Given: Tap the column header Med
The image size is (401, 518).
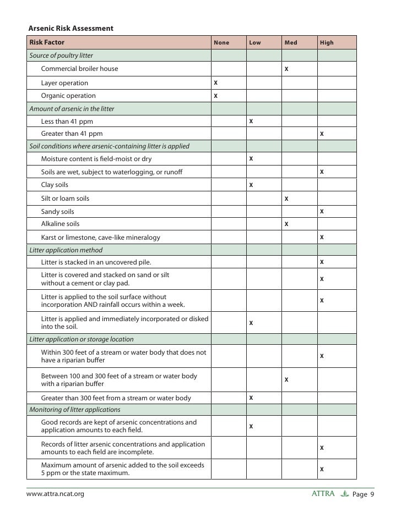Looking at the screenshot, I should (x=290, y=42).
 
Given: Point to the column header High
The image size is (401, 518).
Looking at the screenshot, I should (x=327, y=42).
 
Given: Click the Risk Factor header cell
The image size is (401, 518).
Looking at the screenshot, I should (x=47, y=42).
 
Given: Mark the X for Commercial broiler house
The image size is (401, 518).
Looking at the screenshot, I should (x=286, y=69).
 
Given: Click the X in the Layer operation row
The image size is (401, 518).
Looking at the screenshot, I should (x=215, y=82).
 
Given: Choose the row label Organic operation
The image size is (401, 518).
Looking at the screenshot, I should (x=68, y=96).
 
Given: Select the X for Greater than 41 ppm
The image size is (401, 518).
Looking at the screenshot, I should (x=322, y=134).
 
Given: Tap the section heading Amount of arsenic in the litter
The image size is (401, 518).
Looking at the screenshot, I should (x=72, y=109).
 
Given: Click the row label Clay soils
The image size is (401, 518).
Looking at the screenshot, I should (x=55, y=185).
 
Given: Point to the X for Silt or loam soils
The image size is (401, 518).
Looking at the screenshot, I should (x=286, y=198).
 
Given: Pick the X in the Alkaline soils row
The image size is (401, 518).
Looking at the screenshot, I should (x=286, y=224).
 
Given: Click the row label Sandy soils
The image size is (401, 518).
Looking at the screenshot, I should (x=57, y=211).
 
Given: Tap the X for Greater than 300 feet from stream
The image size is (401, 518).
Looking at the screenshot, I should (x=251, y=397).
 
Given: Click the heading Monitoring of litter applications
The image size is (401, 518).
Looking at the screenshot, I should (x=74, y=410).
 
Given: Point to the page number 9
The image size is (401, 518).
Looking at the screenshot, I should (x=372, y=494).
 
